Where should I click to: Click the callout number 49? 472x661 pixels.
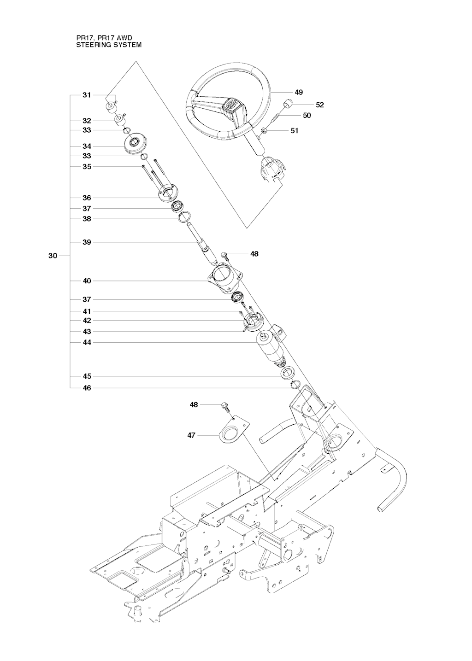tap(299, 93)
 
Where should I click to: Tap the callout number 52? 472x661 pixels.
tap(319, 105)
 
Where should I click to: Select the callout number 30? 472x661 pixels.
tap(53, 256)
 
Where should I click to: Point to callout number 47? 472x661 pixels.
tap(191, 435)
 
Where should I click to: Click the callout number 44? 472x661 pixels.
tap(87, 343)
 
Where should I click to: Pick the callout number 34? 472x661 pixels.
tap(87, 146)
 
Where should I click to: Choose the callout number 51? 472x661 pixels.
tap(295, 130)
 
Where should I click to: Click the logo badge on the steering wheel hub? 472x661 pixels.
tap(231, 105)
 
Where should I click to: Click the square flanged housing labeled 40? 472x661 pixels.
tap(226, 278)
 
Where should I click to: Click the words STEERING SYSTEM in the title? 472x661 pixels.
tap(109, 45)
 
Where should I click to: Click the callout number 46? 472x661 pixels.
tap(87, 388)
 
